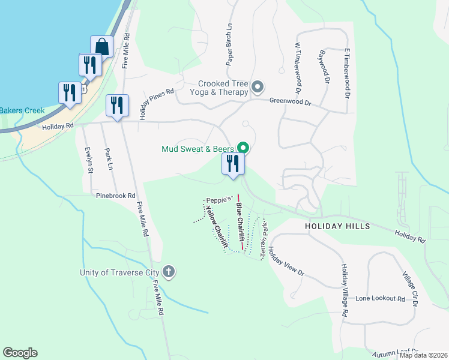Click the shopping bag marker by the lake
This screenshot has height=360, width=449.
point(101,46)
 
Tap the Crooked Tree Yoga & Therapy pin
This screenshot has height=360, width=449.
point(258,88)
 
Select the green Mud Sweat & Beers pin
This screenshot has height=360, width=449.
point(243,147)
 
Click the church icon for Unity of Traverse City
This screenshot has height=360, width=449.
point(169,272)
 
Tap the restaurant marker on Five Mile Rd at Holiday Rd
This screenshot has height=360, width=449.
point(116,106)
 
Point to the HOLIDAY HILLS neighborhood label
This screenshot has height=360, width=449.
point(337,226)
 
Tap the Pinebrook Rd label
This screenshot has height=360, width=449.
point(116,196)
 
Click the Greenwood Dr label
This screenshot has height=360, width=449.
point(290,103)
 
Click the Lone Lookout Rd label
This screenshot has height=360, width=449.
point(380,298)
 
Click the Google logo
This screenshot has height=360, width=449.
point(20,353)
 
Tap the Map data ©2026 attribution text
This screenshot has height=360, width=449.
point(423,355)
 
